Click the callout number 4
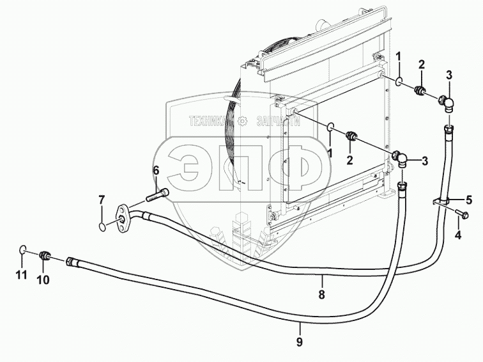[x=458, y=235]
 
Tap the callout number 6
[x=155, y=170]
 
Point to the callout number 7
[x=101, y=201]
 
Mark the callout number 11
[x=20, y=275]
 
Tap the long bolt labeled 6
[x=159, y=193]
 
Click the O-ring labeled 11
[x=22, y=249]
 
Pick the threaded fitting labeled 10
[x=45, y=256]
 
